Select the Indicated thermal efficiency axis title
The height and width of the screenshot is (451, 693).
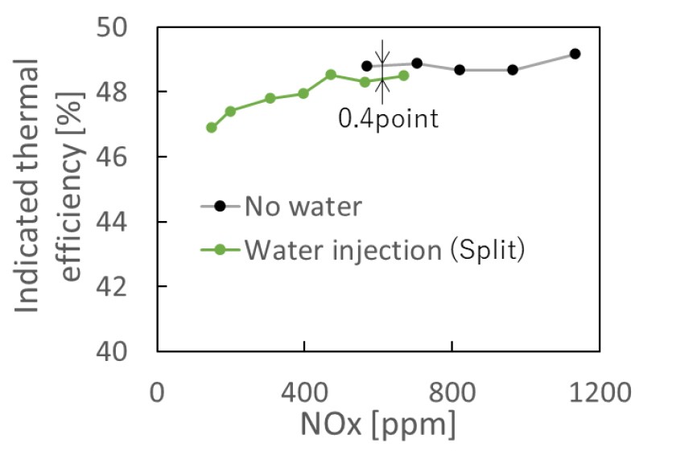point(48,189)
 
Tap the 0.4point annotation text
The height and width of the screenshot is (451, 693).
point(388,120)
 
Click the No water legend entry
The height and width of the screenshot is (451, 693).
point(304,207)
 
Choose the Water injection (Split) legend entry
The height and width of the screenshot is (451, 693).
point(385,250)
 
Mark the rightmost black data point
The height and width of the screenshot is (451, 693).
point(575,54)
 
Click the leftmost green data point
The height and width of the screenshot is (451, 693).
point(212,128)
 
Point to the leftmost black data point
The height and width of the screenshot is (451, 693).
point(367,66)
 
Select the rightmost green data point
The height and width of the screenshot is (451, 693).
point(404,76)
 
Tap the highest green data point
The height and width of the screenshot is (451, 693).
point(331,75)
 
